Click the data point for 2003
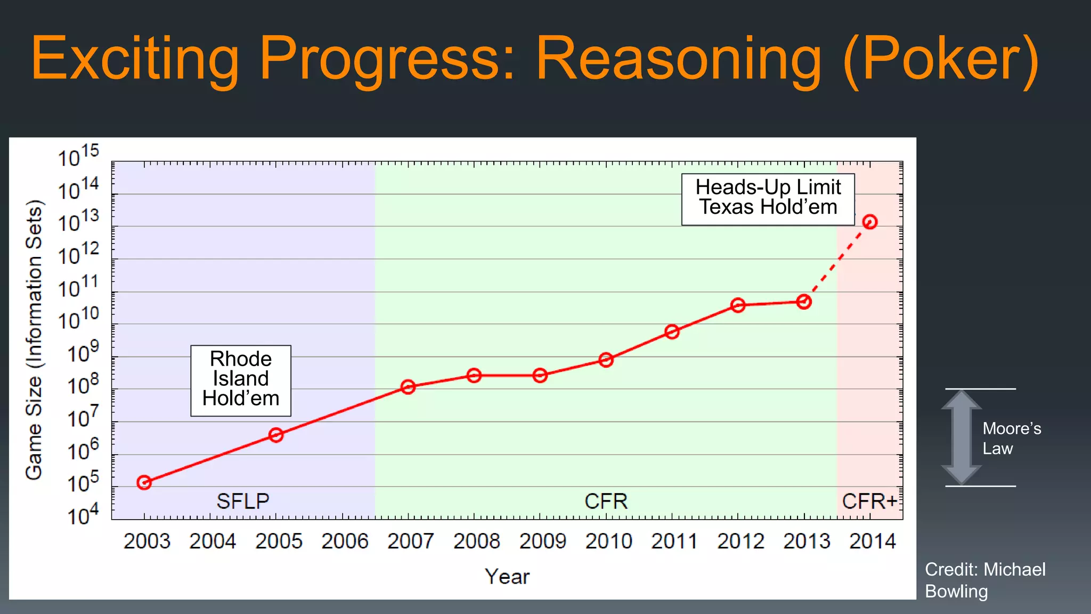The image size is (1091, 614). (x=144, y=482)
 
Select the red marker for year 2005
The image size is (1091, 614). (x=276, y=435)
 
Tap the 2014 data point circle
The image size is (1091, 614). (x=870, y=222)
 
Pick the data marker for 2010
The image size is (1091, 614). (x=606, y=360)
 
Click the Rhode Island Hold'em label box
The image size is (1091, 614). (x=241, y=380)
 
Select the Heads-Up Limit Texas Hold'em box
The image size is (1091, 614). (x=768, y=199)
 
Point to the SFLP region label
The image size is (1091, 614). (x=243, y=501)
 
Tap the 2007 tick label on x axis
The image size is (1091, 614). (x=410, y=542)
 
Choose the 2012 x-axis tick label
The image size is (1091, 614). (x=740, y=542)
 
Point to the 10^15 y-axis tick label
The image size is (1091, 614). (x=78, y=156)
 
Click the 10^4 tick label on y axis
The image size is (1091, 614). (x=83, y=514)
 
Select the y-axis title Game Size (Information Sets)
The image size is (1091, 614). (x=34, y=340)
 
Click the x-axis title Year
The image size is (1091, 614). (x=507, y=577)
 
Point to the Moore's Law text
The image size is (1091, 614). (x=1011, y=438)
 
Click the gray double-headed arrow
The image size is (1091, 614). (x=961, y=437)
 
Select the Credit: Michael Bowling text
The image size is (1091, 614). (x=984, y=580)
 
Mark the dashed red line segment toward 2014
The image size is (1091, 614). (x=837, y=262)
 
